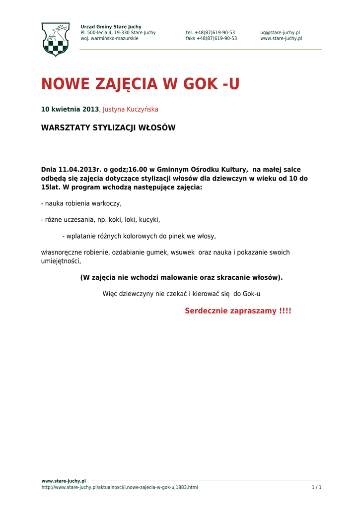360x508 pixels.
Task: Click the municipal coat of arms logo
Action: [x=55, y=39]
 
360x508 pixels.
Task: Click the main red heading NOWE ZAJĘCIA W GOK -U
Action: [x=140, y=84]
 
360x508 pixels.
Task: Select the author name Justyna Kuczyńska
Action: [x=131, y=109]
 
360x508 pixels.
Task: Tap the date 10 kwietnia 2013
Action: [x=70, y=109]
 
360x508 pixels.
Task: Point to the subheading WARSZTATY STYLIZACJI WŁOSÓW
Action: [x=108, y=128]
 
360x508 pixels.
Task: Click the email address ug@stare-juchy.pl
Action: [x=280, y=33]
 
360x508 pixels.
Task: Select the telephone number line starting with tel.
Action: [x=211, y=33]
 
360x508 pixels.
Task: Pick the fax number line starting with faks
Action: [x=212, y=39]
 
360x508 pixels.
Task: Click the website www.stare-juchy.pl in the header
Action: [x=281, y=39]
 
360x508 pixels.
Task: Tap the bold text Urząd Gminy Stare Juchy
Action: [x=111, y=27]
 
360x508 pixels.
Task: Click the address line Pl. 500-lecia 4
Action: [x=118, y=33]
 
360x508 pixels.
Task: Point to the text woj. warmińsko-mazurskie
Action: [x=109, y=39]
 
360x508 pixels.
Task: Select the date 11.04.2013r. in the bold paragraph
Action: [x=80, y=170]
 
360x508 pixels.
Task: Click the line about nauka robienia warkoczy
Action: [x=81, y=203]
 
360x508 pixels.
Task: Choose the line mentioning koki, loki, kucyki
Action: [x=100, y=220]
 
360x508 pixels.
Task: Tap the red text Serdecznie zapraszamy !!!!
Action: [x=238, y=311]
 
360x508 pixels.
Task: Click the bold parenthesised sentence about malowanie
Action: [x=181, y=277]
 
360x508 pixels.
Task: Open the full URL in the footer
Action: [x=120, y=488]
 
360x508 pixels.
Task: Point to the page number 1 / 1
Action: [x=316, y=488]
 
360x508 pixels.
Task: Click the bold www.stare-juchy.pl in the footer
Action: [x=64, y=481]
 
